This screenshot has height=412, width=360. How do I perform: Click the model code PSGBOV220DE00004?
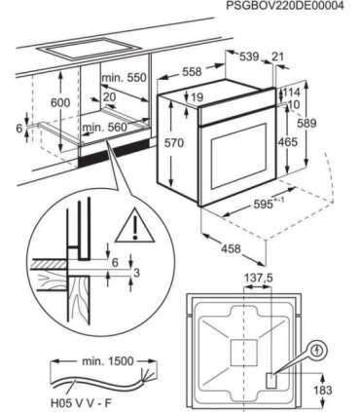[285, 6]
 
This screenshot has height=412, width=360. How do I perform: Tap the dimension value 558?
[192, 72]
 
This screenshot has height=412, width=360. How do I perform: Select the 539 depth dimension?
[249, 56]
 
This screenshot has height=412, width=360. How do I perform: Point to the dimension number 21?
[277, 56]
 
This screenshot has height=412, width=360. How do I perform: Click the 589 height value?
[306, 124]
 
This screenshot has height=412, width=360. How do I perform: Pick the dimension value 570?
[174, 143]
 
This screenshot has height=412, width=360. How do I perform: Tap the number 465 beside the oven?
[287, 142]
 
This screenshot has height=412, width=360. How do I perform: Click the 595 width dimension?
[265, 205]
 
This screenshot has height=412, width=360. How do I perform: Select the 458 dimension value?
[231, 249]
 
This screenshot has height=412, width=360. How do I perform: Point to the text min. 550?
[124, 78]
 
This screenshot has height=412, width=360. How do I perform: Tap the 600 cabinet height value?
[60, 103]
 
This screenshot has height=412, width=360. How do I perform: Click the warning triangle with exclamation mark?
[135, 227]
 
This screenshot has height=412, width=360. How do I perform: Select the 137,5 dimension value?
[258, 279]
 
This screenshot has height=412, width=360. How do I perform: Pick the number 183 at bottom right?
[323, 390]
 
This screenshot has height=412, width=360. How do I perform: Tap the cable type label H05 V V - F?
[81, 403]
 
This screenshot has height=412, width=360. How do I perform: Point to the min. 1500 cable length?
[108, 361]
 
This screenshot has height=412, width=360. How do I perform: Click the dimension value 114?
[292, 93]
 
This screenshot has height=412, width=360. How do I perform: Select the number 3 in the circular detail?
[136, 273]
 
